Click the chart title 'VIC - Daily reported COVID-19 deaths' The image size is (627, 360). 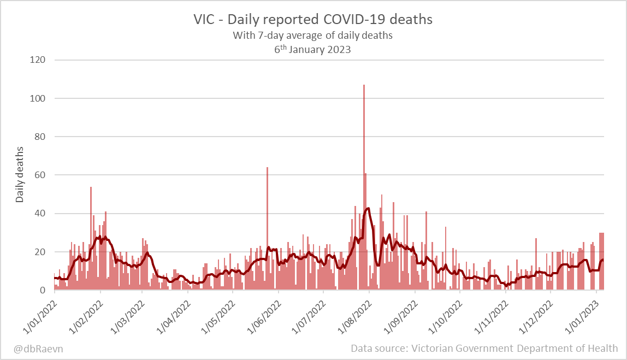(313, 20)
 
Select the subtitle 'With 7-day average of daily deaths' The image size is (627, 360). (313, 36)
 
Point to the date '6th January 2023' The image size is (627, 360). (313, 49)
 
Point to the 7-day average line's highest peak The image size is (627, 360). (368, 208)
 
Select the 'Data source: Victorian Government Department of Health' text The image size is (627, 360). (484, 348)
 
